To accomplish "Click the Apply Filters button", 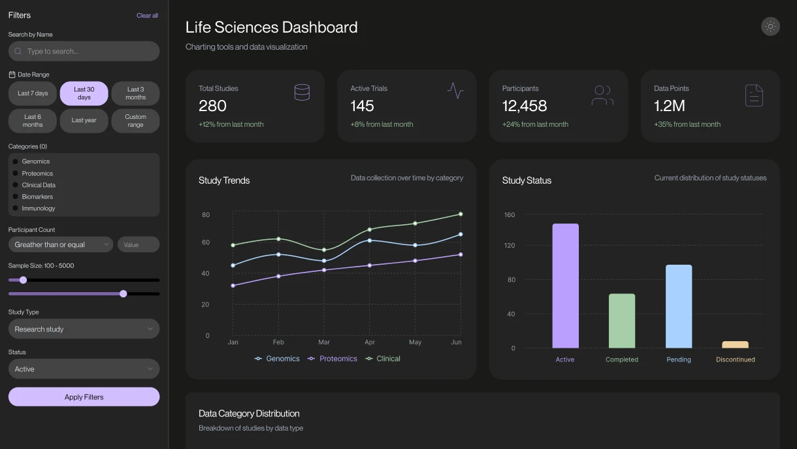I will [x=84, y=397].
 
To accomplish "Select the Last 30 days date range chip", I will [x=84, y=93].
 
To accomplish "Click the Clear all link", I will [x=147, y=15].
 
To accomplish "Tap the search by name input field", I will [x=84, y=51].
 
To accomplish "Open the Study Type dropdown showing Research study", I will [x=84, y=329].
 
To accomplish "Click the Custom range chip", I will [x=135, y=121].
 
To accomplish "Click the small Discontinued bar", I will [x=735, y=344].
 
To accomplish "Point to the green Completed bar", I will [x=621, y=321].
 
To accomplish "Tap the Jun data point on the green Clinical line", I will [x=461, y=214].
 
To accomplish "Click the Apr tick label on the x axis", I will [x=370, y=342].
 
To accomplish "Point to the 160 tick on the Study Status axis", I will [x=510, y=214].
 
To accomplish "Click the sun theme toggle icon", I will [x=770, y=26].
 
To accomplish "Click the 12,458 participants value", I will [x=524, y=106].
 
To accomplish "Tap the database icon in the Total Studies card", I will [x=302, y=92].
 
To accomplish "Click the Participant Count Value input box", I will [x=138, y=244].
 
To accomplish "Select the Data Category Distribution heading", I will [x=249, y=413].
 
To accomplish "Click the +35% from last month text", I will [x=687, y=124].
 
